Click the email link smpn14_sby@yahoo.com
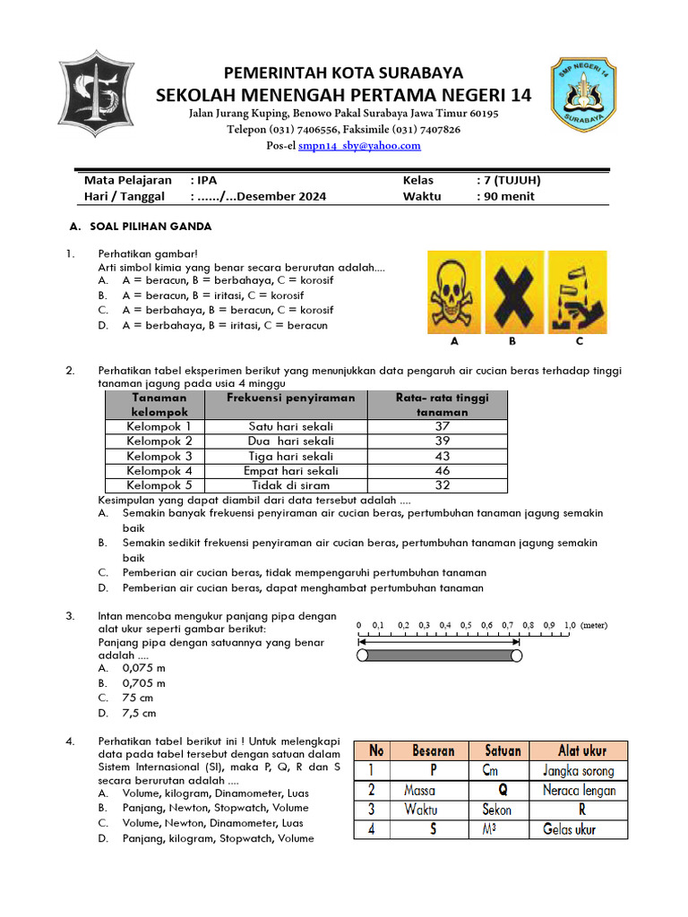click(359, 146)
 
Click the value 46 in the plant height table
click(442, 470)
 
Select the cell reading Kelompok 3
click(159, 456)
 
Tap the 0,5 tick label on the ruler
click(466, 626)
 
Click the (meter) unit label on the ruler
click(600, 626)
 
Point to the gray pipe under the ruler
click(439, 656)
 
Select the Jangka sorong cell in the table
click(579, 770)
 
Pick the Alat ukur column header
click(579, 750)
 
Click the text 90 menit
click(509, 196)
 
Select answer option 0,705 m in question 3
click(144, 683)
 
